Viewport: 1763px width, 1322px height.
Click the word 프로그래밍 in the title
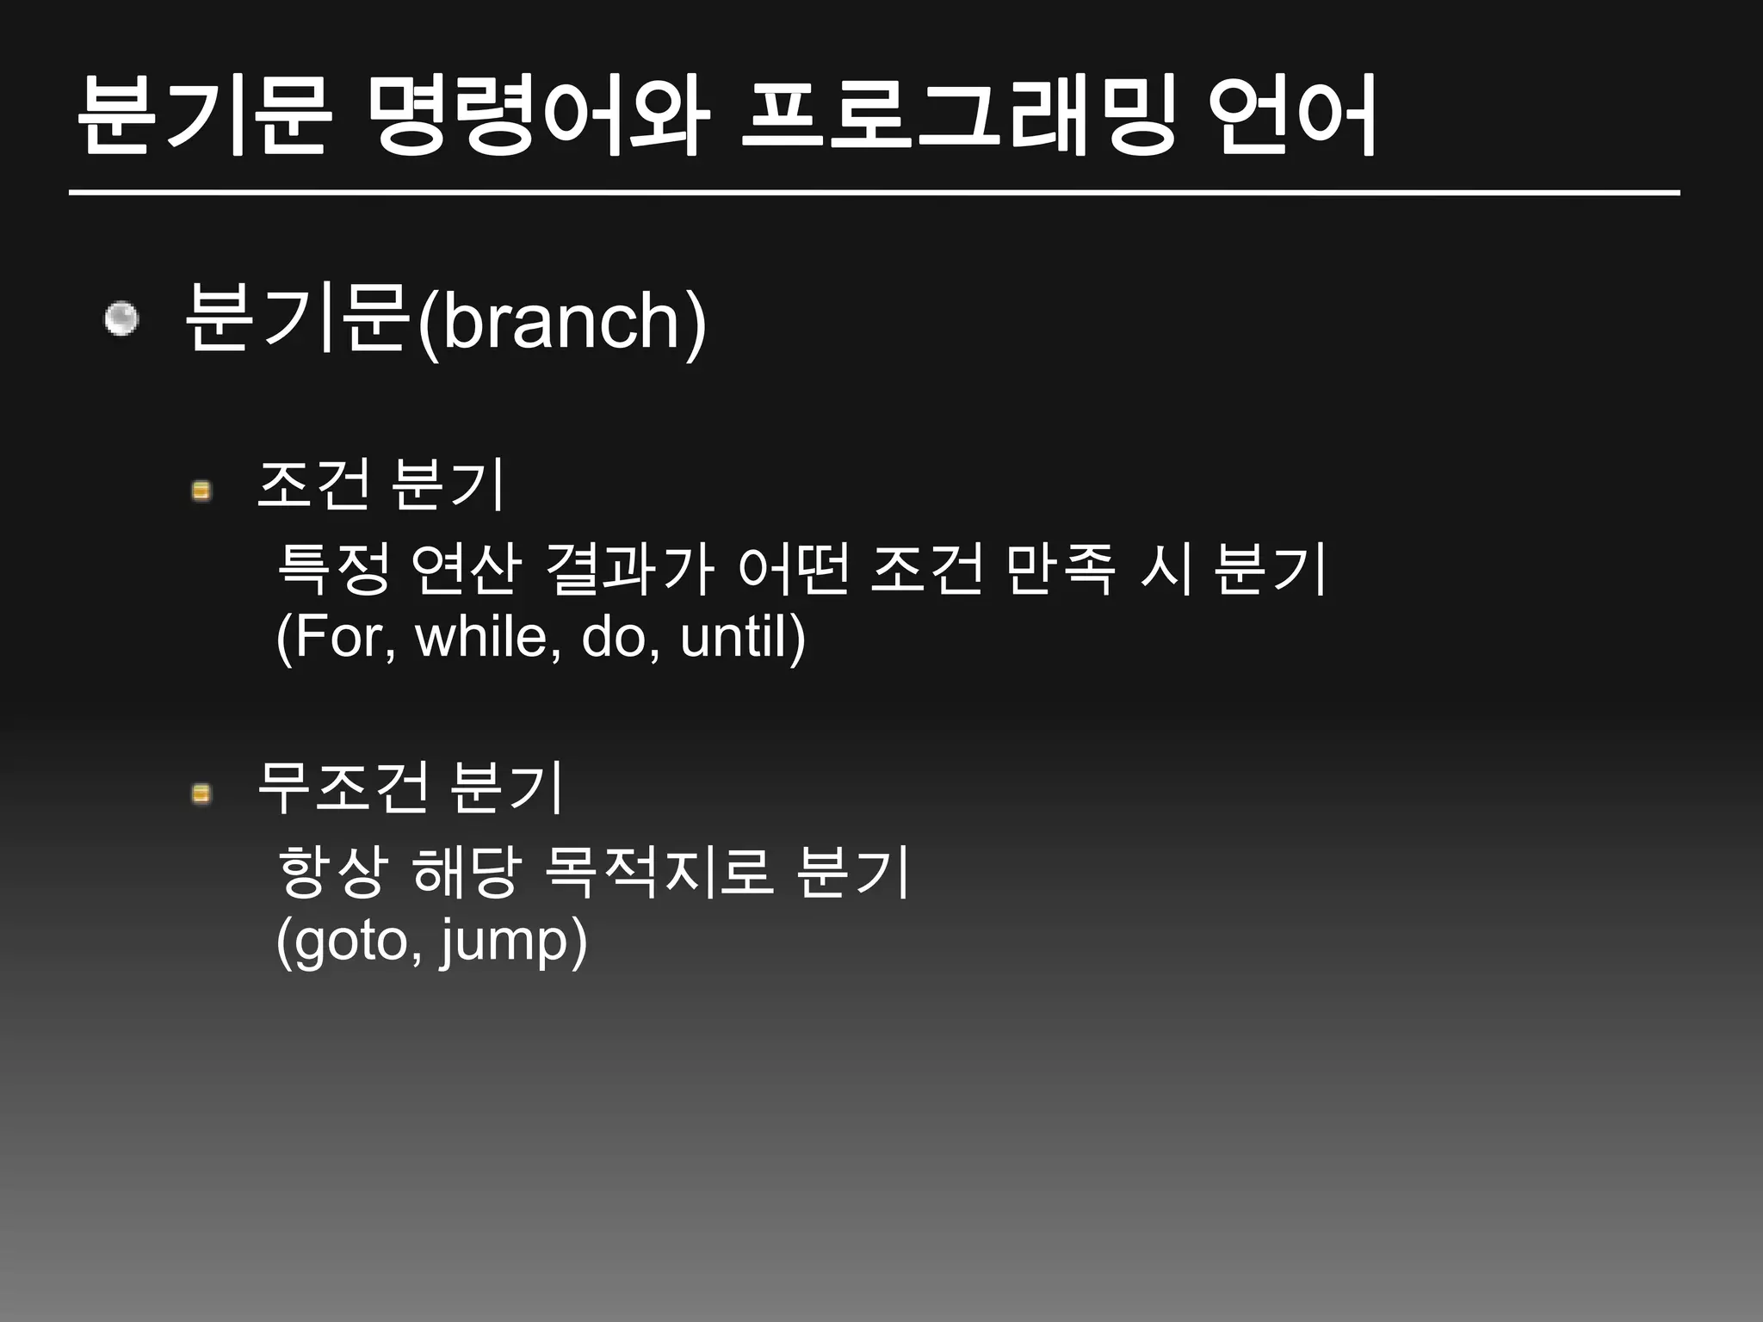point(956,116)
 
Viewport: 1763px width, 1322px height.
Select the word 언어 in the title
point(1291,116)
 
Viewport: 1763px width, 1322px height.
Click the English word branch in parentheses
point(562,323)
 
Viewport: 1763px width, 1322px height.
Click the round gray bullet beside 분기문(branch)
point(121,319)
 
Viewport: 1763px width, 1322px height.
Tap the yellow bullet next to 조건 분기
point(201,491)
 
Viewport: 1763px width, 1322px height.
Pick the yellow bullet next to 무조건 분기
point(201,793)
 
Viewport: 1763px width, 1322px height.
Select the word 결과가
point(629,570)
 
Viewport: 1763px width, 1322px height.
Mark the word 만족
point(1060,570)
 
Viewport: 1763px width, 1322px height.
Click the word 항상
point(333,872)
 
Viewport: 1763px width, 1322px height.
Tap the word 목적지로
point(658,872)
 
